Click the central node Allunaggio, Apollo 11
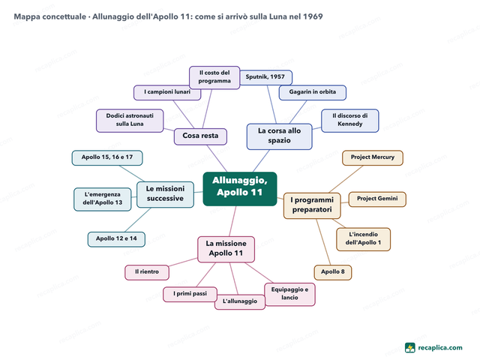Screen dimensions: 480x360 click(x=240, y=189)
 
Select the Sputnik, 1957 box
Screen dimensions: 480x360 click(x=265, y=77)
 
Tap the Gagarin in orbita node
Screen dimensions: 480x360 click(x=313, y=92)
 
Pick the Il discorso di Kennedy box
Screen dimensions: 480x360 click(x=350, y=121)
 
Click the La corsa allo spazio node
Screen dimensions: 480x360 click(x=279, y=136)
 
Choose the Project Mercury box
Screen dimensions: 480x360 click(x=373, y=157)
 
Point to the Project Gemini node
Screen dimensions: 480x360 click(x=377, y=199)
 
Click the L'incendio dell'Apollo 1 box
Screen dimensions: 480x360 click(x=363, y=239)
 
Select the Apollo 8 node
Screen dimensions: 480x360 click(x=333, y=272)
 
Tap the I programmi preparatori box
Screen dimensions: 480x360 click(x=312, y=205)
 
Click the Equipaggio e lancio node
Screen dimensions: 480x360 click(x=289, y=294)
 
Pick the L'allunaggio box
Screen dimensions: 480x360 click(x=240, y=301)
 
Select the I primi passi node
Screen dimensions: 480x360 click(x=190, y=294)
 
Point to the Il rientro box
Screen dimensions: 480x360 click(x=147, y=272)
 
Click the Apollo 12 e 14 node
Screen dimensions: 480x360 click(x=116, y=239)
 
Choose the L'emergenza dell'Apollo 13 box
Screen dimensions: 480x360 click(x=103, y=199)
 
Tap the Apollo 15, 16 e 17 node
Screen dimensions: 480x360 click(x=107, y=157)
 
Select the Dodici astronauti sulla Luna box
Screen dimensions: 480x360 click(x=130, y=121)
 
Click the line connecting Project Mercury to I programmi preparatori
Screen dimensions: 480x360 click(x=346, y=179)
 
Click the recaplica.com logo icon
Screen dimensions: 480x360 click(x=410, y=348)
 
